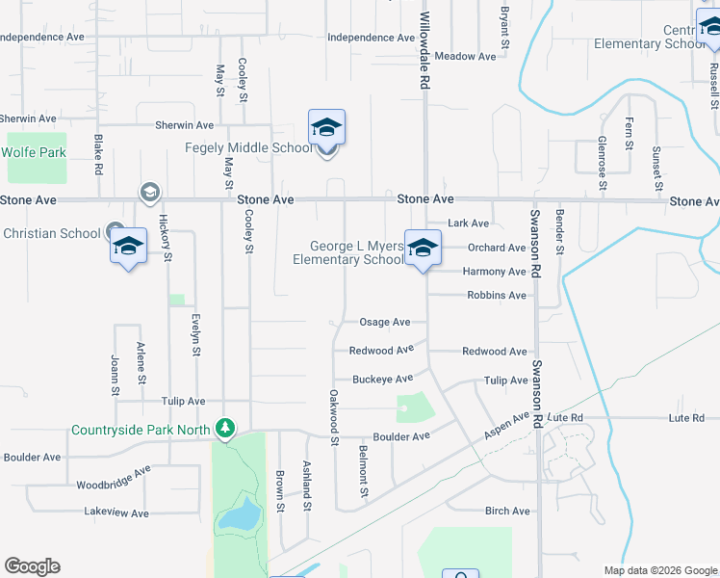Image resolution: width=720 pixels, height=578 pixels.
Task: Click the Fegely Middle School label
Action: point(248,147)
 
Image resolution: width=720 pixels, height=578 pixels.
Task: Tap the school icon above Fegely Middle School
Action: point(326,127)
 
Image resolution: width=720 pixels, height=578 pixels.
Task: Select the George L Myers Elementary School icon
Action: point(422,248)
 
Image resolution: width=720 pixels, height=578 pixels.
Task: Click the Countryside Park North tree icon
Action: point(225,427)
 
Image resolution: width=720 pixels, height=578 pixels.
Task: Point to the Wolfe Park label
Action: point(34,152)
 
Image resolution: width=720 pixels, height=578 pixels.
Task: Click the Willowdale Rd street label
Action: point(423,45)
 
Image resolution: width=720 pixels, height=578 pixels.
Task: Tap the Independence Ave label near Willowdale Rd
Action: point(371,38)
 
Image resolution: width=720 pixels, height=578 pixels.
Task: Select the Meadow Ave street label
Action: point(465,57)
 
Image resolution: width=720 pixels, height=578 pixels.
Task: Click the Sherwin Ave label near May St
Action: point(184,125)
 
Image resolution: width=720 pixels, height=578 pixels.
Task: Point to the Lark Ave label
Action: point(469,223)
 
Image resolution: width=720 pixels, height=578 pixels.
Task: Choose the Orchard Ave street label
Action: point(497,248)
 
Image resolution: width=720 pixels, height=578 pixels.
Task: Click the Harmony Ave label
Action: point(495,272)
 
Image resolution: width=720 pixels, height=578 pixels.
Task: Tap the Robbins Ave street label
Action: point(497,296)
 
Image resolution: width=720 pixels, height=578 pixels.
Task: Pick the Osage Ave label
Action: point(384,323)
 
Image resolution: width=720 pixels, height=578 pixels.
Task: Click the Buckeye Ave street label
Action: point(382,379)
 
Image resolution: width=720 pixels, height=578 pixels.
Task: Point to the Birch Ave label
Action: point(507,511)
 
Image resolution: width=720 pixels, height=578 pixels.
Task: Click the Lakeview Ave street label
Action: point(116,512)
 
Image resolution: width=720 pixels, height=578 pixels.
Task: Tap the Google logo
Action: point(33,566)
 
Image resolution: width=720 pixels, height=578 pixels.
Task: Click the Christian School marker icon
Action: point(128,248)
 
